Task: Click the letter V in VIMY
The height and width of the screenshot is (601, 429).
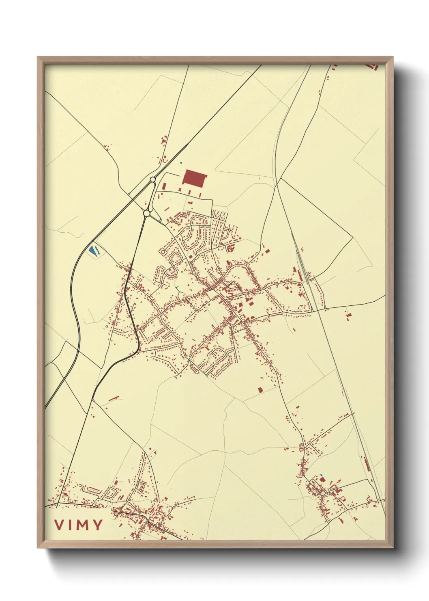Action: click(x=59, y=525)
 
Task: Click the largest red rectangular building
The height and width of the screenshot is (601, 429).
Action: click(x=195, y=179)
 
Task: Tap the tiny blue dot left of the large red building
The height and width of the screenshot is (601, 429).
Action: click(x=181, y=163)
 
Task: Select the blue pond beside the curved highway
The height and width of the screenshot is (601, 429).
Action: click(x=94, y=251)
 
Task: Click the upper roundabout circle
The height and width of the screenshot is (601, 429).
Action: click(x=152, y=179)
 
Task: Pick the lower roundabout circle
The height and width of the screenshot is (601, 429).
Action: click(x=147, y=213)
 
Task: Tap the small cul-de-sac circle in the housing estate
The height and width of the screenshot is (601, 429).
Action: click(x=163, y=252)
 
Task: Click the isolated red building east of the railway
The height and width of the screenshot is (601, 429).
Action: click(x=348, y=315)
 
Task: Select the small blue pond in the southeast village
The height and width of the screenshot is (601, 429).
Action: click(x=321, y=476)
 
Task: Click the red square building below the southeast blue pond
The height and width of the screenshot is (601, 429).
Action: click(x=323, y=480)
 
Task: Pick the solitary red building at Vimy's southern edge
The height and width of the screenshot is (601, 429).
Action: click(x=260, y=390)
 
